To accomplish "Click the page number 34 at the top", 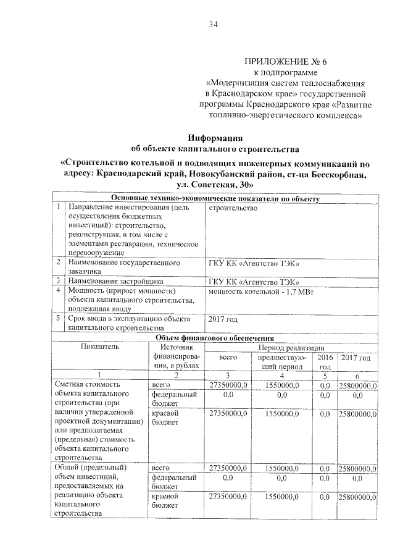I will click(214, 24).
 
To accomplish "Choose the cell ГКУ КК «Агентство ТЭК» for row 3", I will click(251, 280).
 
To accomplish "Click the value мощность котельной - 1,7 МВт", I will click(261, 291).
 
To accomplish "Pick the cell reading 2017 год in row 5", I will click(223, 319).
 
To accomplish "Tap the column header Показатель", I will click(98, 347).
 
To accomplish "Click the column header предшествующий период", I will click(281, 362).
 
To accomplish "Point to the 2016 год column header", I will click(323, 362).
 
